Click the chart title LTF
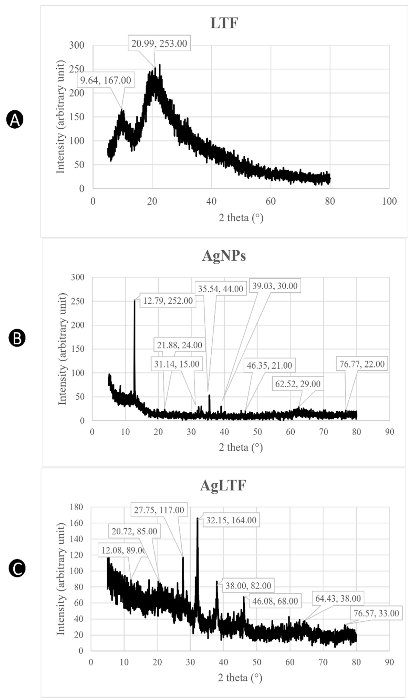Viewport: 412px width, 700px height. pos(224,23)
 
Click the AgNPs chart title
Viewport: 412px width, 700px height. pos(224,256)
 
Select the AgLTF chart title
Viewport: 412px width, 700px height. pos(223,486)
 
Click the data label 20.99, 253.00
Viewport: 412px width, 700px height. pos(159,43)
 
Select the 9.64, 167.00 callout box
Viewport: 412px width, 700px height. pos(106,80)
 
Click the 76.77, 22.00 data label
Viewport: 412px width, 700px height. pos(362,364)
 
